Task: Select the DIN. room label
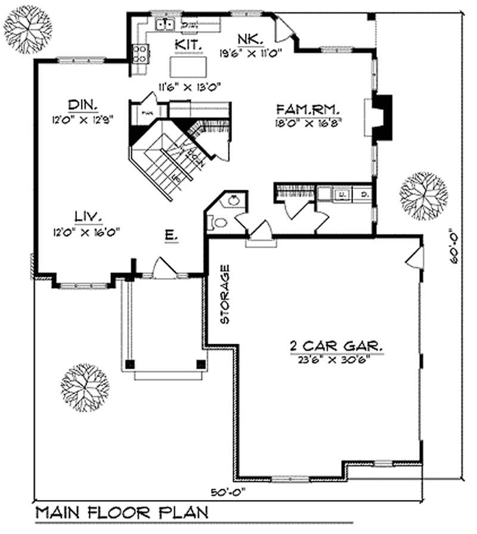(82, 104)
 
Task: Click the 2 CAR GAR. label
(336, 345)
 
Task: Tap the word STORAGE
(225, 294)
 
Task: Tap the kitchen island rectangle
(190, 63)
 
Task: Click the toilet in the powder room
(218, 223)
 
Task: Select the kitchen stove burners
(140, 54)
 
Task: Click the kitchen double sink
(165, 24)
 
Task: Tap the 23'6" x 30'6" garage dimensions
(336, 359)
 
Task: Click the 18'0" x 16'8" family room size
(308, 123)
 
